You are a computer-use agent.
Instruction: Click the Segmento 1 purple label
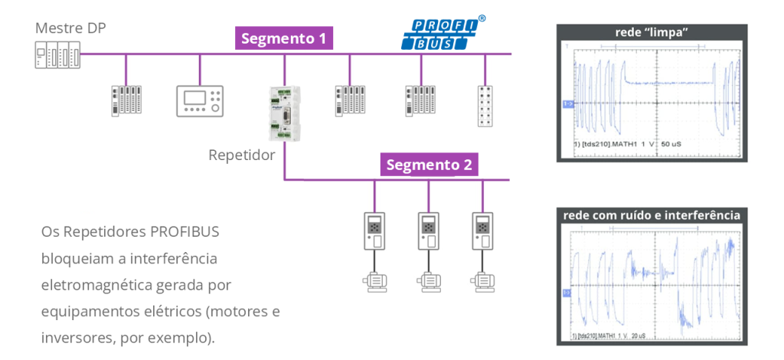pos(284,38)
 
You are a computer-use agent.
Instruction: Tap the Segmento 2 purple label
pos(429,165)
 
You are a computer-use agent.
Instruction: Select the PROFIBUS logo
pos(443,33)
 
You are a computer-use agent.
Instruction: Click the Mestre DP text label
pos(70,28)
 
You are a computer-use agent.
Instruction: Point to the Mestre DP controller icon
pos(57,56)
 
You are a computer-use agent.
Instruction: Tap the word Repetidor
pos(241,155)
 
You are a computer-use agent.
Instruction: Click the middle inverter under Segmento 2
pos(428,230)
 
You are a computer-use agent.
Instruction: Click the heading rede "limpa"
pos(652,32)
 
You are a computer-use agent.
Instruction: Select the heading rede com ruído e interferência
pos(652,215)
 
